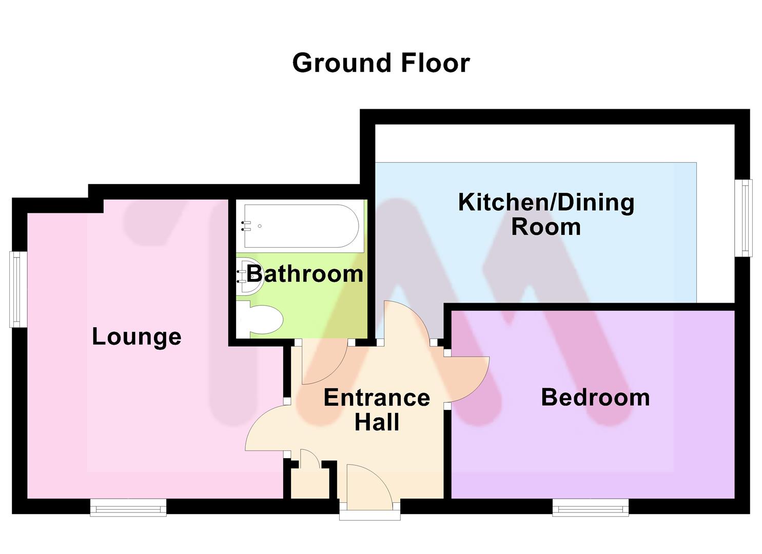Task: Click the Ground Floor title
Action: click(x=381, y=63)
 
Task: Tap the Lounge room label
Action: click(x=137, y=337)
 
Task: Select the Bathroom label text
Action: click(x=305, y=274)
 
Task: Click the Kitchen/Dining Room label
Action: click(x=546, y=214)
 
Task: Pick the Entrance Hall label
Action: click(x=377, y=410)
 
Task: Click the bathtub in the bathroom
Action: click(x=302, y=226)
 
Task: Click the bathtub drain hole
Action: click(x=260, y=226)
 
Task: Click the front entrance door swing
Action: click(x=369, y=487)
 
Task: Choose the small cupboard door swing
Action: click(x=309, y=458)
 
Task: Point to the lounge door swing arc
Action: click(x=265, y=427)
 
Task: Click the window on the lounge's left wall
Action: click(x=18, y=289)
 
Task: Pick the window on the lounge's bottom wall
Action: click(x=128, y=508)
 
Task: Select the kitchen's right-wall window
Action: click(x=743, y=217)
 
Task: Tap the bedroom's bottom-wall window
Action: click(x=591, y=508)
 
